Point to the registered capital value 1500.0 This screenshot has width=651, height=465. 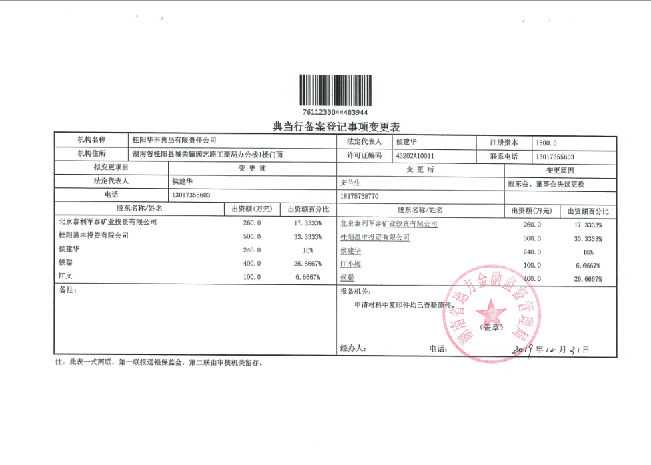[x=546, y=142]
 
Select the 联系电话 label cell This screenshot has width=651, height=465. [x=504, y=157]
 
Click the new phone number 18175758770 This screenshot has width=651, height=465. [x=359, y=196]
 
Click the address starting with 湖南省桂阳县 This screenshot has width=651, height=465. [x=212, y=155]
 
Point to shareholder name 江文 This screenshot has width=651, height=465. [x=65, y=276]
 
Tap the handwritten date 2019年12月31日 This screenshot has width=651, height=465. [x=550, y=349]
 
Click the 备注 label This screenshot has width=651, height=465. [x=68, y=291]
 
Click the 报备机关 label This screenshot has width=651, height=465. [x=354, y=292]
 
